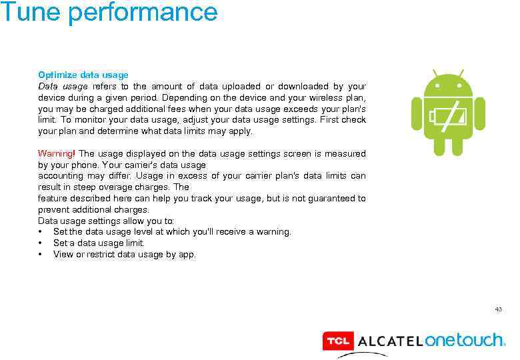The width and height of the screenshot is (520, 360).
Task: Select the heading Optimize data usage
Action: pos(83,75)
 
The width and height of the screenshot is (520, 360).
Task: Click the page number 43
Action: pos(498,309)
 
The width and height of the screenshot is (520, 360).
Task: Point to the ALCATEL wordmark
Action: pos(390,342)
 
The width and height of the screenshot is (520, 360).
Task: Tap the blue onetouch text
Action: pos(465,340)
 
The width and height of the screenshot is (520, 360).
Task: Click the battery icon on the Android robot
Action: pos(448,115)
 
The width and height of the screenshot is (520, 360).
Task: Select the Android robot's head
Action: pos(448,83)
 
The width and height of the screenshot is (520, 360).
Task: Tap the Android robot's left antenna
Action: pos(435,72)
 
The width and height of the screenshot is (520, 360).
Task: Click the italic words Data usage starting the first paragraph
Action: pos(63,86)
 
